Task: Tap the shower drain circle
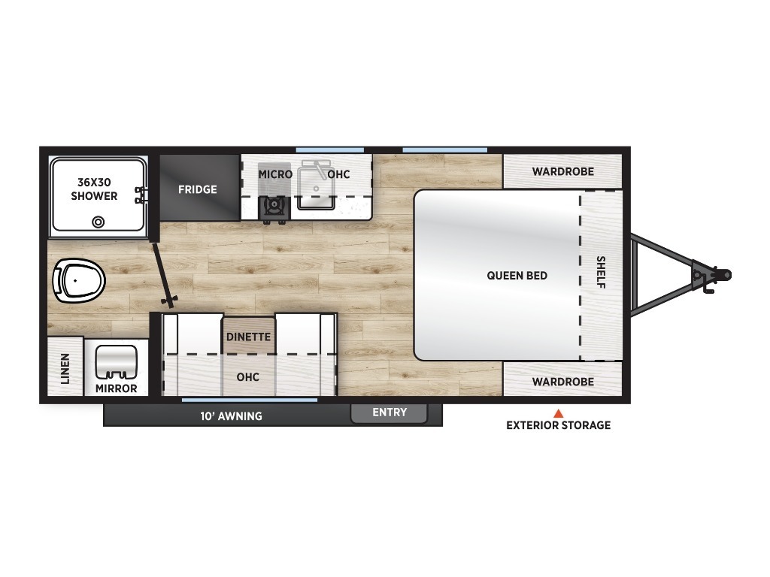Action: [99, 222]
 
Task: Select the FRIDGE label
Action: [198, 189]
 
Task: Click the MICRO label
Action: [275, 174]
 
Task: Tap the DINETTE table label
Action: [248, 337]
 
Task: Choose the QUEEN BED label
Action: [517, 276]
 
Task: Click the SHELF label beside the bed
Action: [601, 272]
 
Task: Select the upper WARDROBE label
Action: [563, 172]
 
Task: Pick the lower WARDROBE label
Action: [563, 382]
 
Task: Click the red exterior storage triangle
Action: [559, 413]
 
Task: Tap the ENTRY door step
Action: [389, 413]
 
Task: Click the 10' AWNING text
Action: [231, 416]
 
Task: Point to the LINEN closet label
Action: [65, 368]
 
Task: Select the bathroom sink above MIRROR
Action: [116, 362]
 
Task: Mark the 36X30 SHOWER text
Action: [94, 189]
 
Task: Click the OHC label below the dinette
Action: [248, 377]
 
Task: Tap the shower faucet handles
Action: [141, 195]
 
